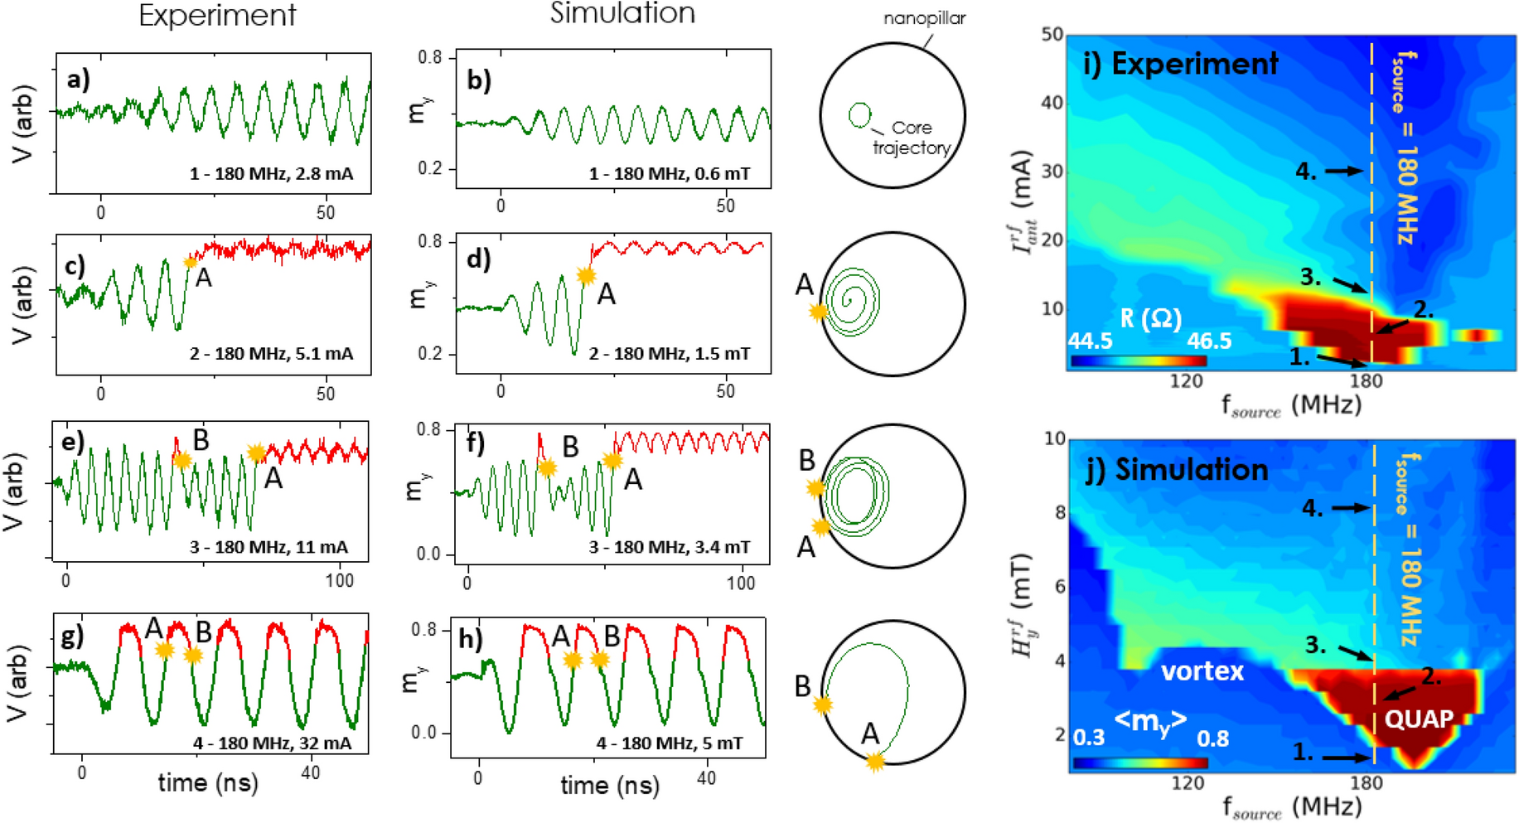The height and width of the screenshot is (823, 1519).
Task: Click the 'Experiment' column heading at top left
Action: (217, 16)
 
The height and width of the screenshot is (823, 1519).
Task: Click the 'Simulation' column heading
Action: (622, 13)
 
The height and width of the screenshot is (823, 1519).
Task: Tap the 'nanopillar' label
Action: (924, 17)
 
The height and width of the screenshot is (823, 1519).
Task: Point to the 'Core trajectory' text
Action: (911, 138)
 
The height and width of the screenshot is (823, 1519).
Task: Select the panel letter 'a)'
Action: (79, 79)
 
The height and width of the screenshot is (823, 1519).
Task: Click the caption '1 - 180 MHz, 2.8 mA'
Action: (271, 174)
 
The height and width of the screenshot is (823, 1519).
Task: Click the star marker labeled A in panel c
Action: (191, 262)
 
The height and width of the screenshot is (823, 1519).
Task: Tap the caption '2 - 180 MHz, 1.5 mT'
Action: (669, 354)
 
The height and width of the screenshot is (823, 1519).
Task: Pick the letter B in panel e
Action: (201, 440)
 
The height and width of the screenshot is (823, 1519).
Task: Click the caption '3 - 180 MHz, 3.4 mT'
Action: (669, 547)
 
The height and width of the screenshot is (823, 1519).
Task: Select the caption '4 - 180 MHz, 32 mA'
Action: (272, 743)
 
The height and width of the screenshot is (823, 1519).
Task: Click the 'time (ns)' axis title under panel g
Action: (207, 782)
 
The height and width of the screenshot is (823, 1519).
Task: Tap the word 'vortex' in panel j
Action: (1202, 671)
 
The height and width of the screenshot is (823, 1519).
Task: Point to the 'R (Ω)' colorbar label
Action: (1150, 317)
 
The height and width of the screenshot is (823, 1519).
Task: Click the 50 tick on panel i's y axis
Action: (1052, 35)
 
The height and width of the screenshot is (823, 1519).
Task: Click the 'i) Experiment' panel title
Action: (1181, 64)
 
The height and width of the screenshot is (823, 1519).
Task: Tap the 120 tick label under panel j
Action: (1188, 782)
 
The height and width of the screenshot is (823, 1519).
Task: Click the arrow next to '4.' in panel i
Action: (1343, 171)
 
